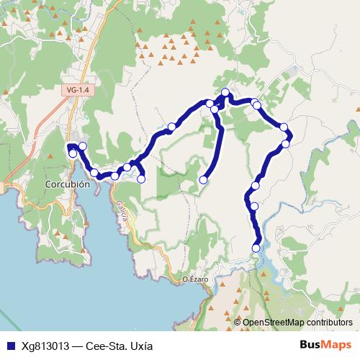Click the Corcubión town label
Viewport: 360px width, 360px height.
[67, 184]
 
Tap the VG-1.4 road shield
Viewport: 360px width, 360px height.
[76, 89]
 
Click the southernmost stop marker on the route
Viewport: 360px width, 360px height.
[256, 248]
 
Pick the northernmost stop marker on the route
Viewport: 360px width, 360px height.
[225, 91]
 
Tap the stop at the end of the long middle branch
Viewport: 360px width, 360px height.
[204, 180]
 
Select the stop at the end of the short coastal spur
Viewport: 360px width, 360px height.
[141, 179]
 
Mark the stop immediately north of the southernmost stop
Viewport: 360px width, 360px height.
[253, 207]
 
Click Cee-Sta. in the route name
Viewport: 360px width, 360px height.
[104, 345]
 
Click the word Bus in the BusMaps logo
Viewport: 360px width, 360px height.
[309, 344]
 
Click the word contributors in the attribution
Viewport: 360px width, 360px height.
[328, 323]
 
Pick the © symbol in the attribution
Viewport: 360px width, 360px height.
[238, 323]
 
